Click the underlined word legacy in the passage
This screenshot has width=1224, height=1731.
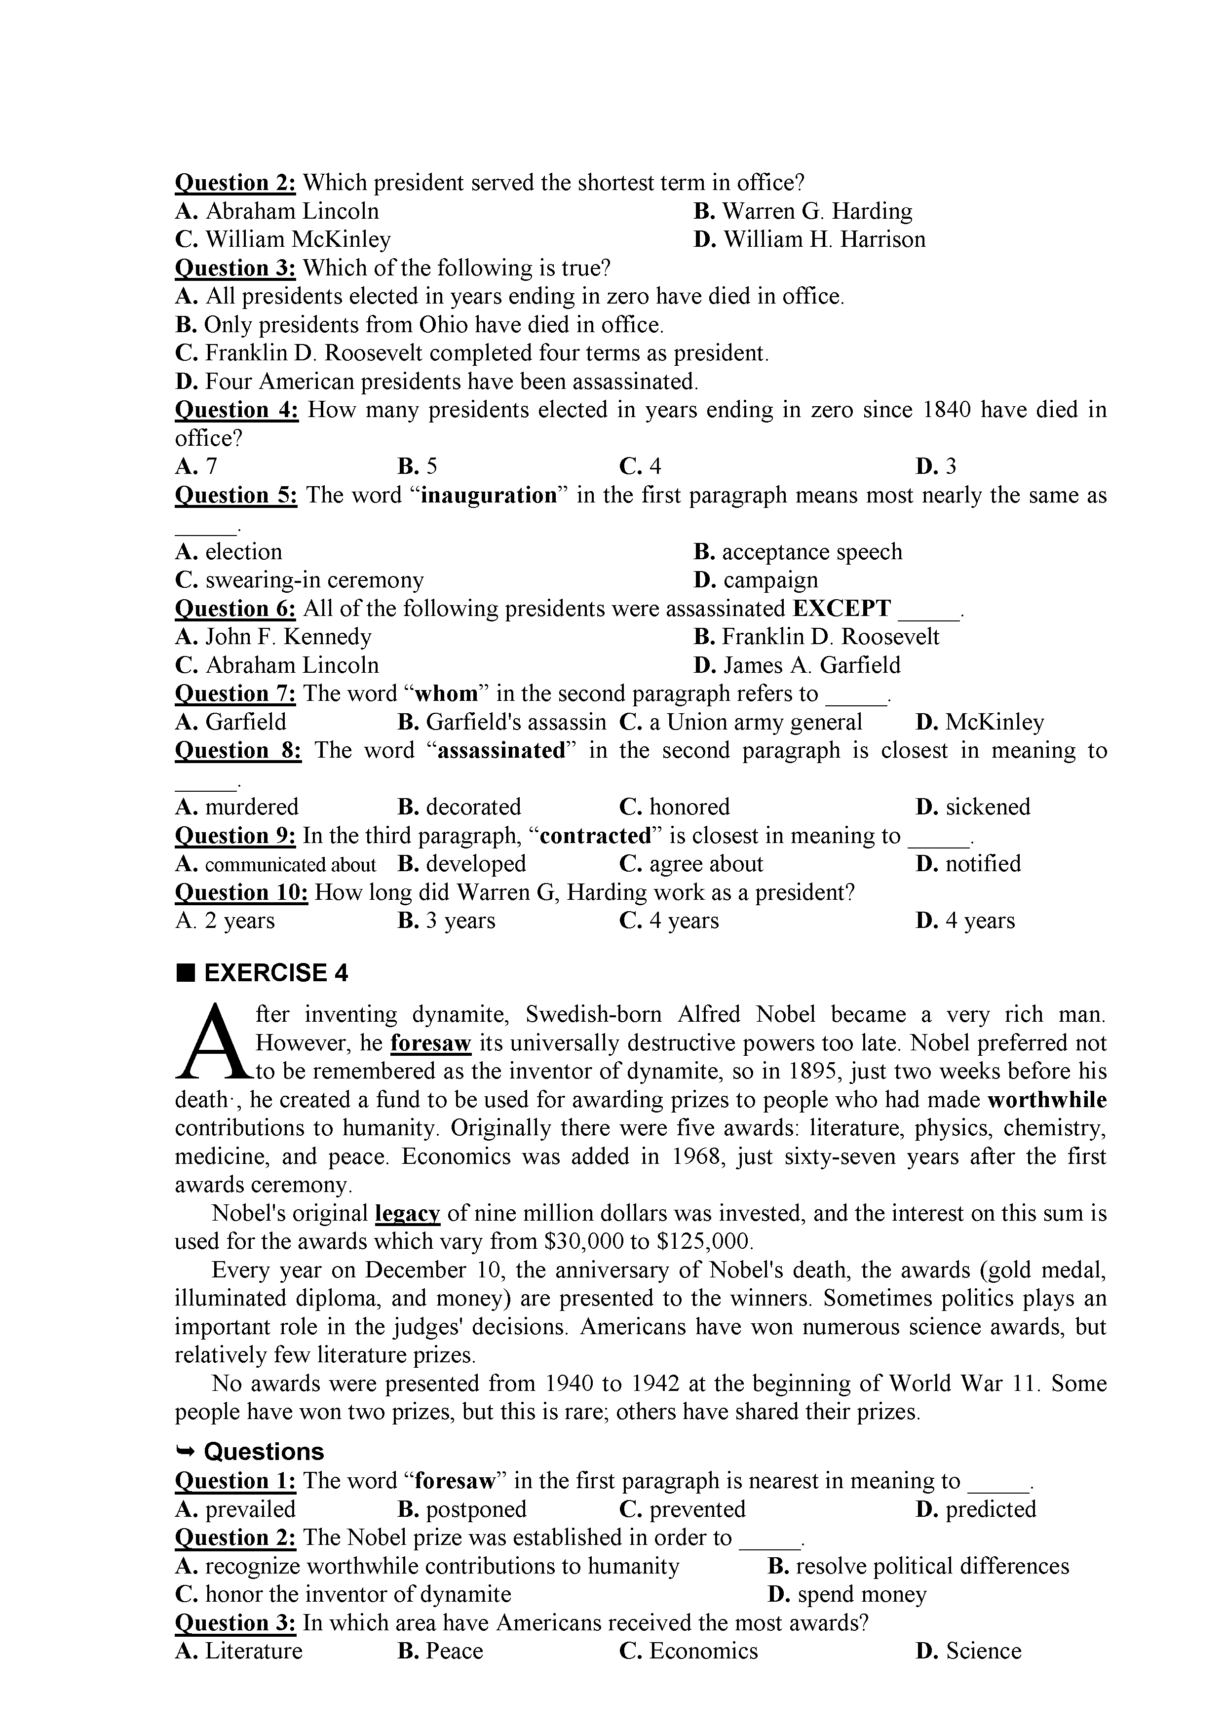tap(407, 1213)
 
